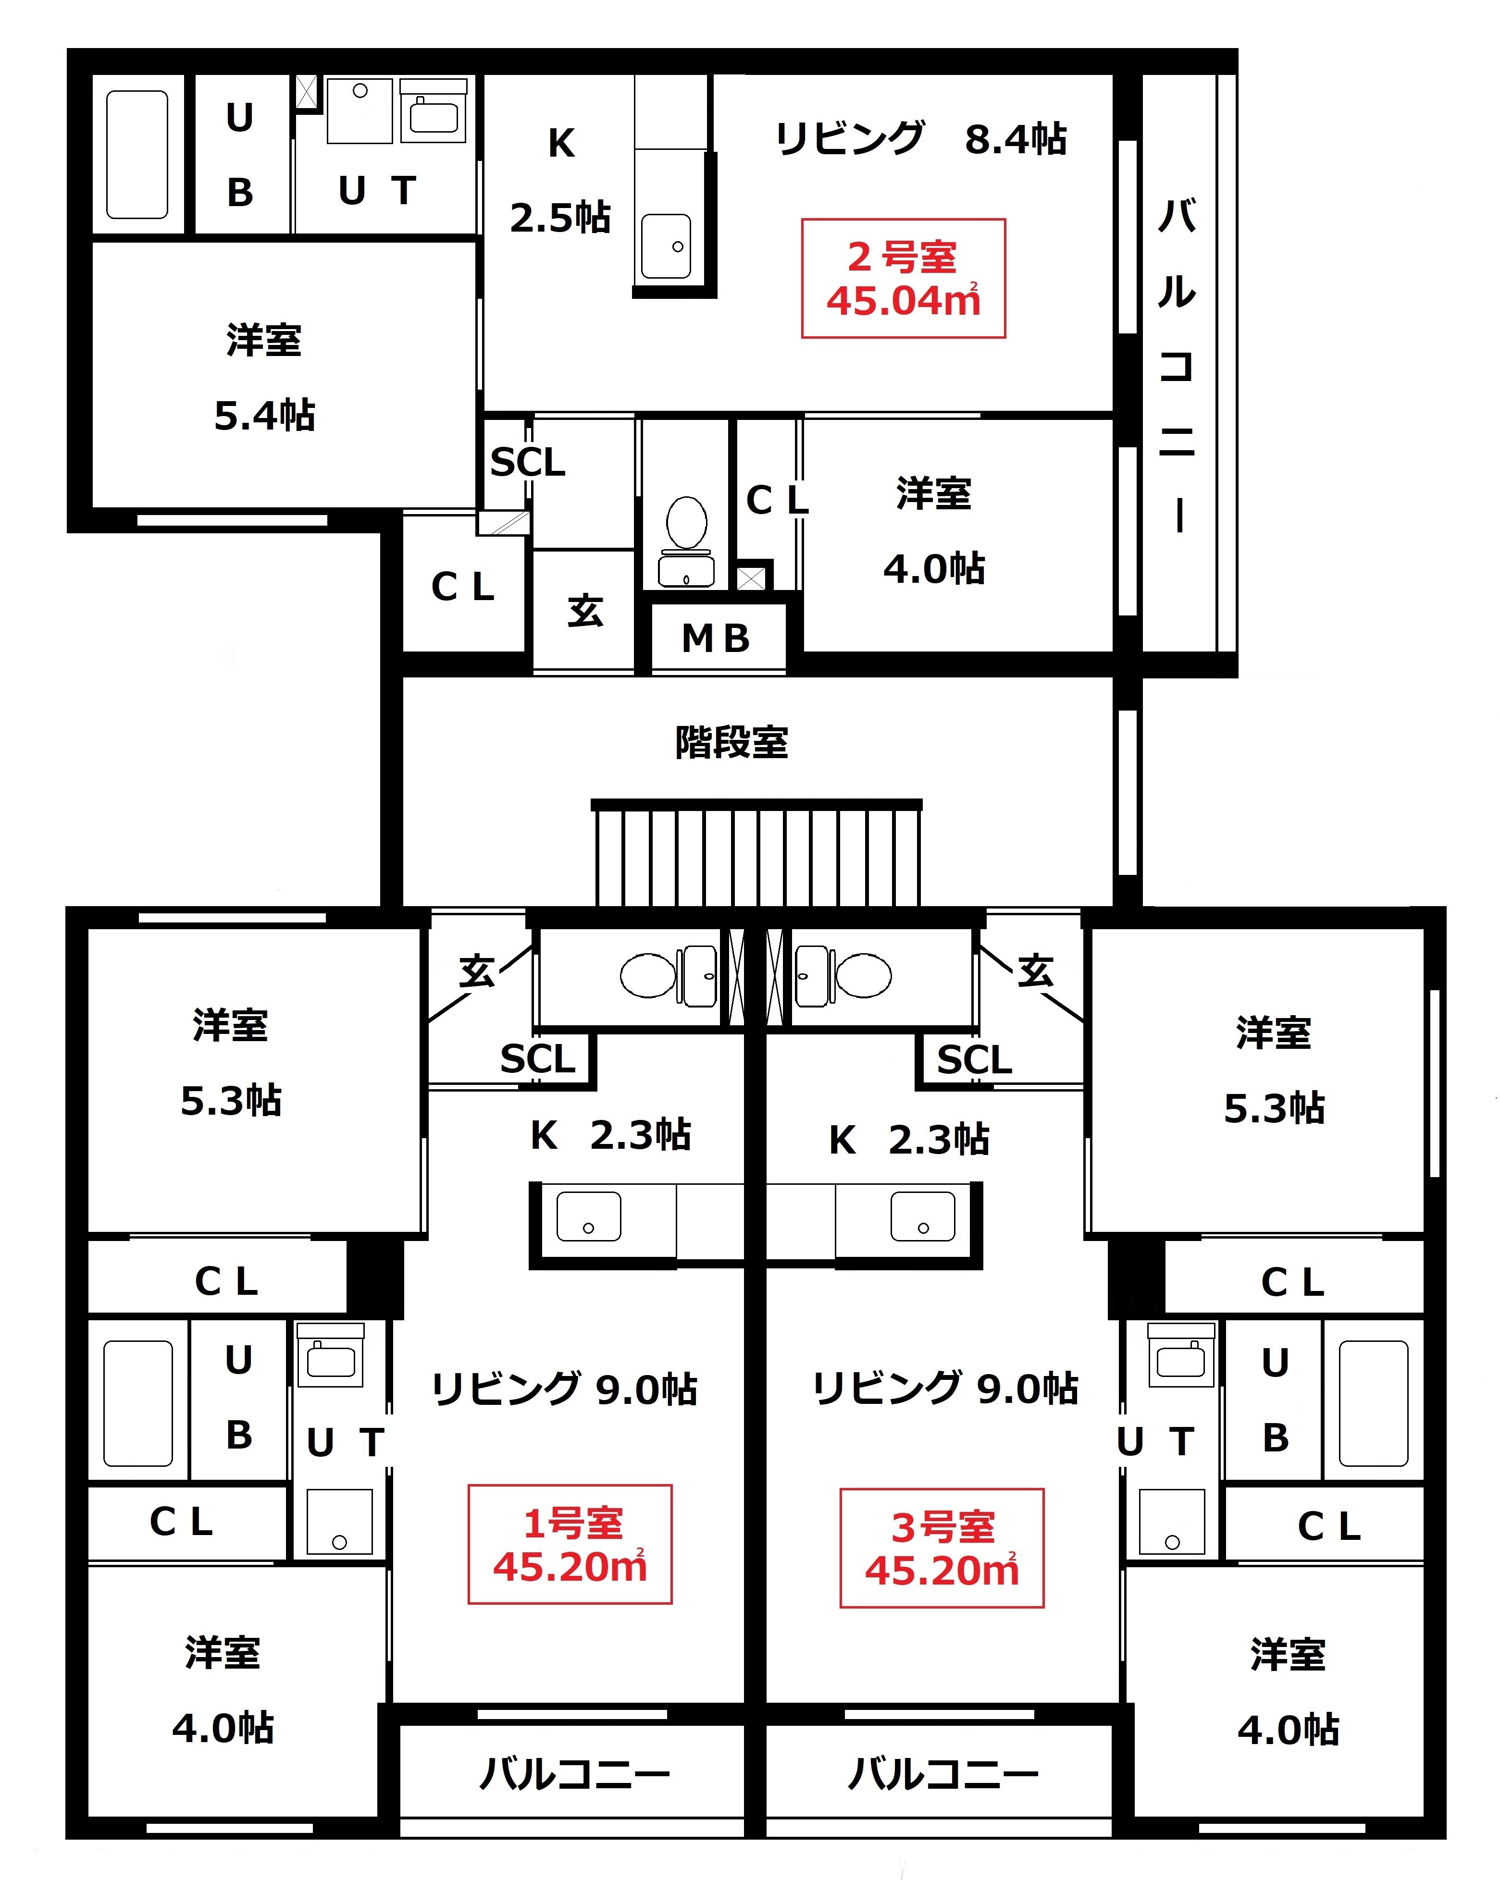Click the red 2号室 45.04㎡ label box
(x=904, y=278)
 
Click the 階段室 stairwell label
(x=731, y=742)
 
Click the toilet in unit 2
(x=686, y=541)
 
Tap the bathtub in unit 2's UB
(x=137, y=154)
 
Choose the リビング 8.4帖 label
(x=921, y=139)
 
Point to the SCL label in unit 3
(x=974, y=1059)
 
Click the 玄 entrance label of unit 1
(x=477, y=971)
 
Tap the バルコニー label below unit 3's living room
(x=943, y=1774)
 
